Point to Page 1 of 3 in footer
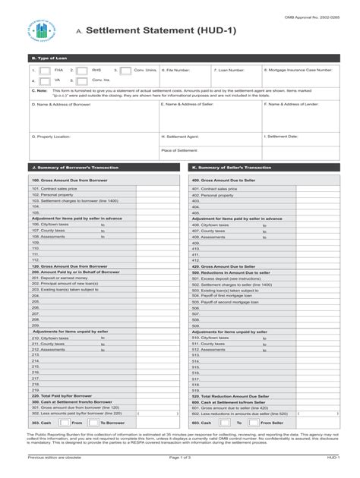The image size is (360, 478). point(179,458)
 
